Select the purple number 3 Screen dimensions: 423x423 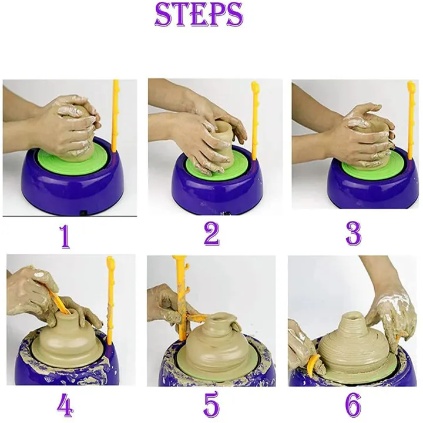[353, 233]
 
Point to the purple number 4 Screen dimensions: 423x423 [65, 405]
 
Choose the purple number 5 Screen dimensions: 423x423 [211, 405]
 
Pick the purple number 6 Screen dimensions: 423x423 [352, 405]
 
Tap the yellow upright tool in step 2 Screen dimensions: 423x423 [257, 117]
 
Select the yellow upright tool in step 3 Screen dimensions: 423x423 [411, 117]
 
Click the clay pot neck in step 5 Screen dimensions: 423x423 [219, 323]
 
